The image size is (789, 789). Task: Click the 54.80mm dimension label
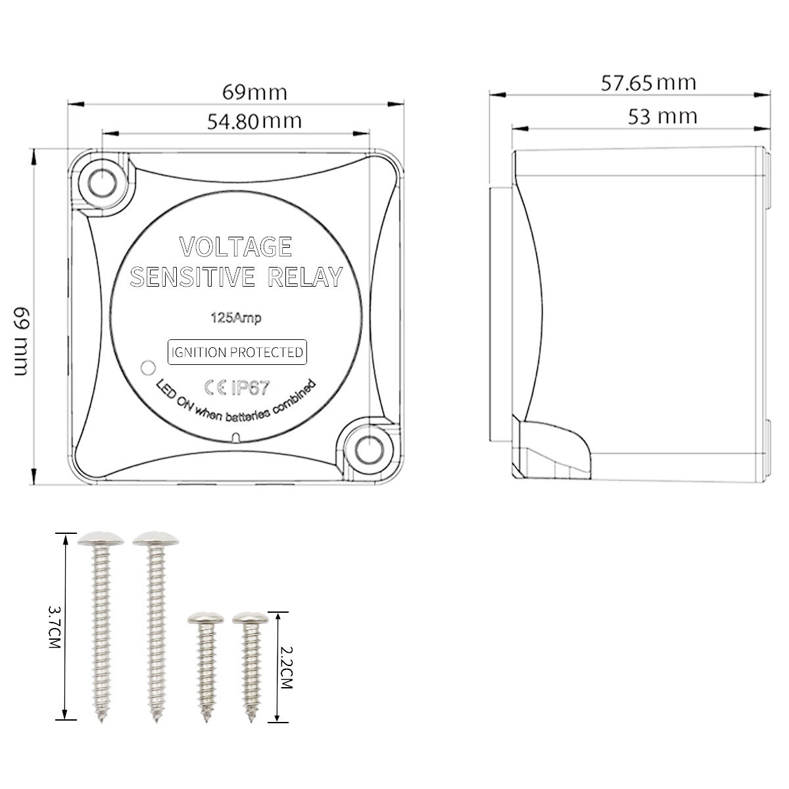click(254, 122)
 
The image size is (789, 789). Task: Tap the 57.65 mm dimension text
click(648, 83)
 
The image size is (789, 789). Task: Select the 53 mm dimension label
click(663, 116)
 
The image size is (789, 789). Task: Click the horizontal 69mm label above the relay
click(254, 92)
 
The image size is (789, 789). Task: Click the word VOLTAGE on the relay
click(235, 247)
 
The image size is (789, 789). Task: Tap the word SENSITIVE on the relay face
click(193, 277)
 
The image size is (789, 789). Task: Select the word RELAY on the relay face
click(306, 277)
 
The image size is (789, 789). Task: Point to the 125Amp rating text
click(236, 318)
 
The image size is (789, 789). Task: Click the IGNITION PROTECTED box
click(237, 352)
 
